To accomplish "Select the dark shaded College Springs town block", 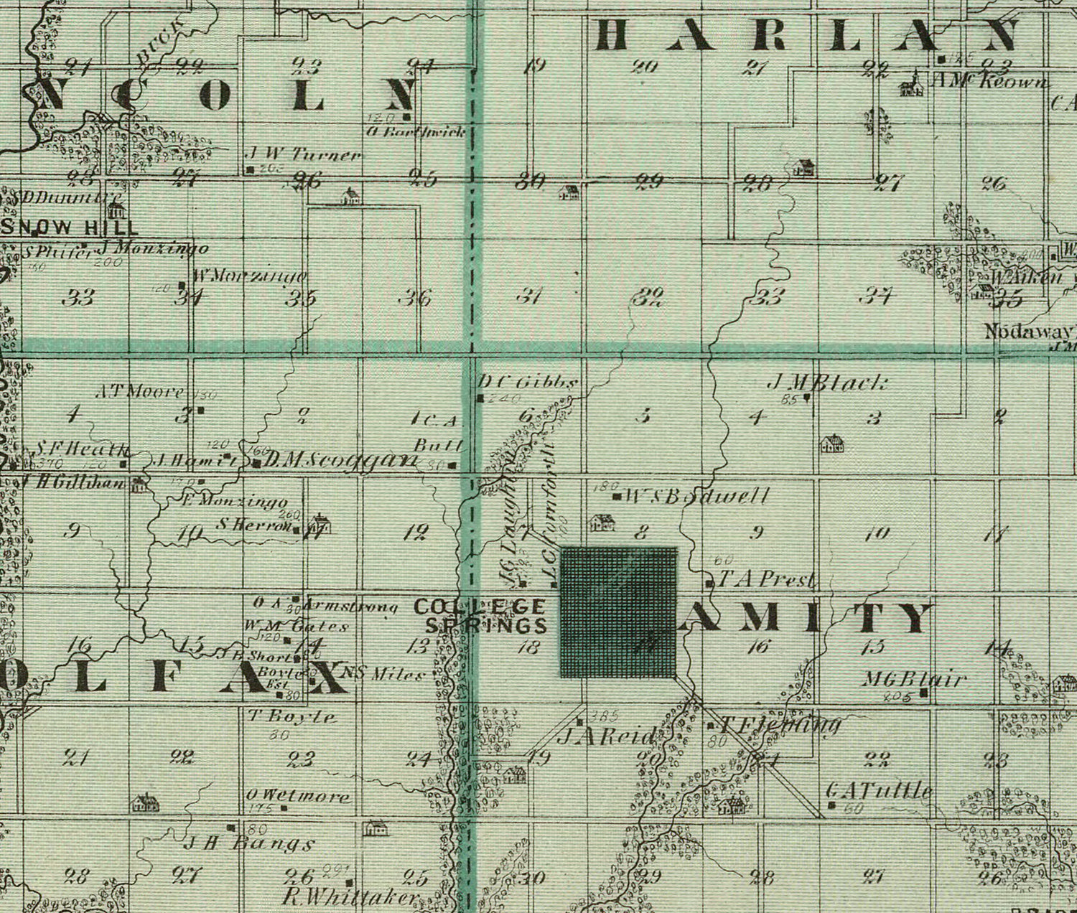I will [x=618, y=612].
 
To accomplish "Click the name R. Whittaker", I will [x=350, y=897].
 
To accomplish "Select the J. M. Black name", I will [x=828, y=383].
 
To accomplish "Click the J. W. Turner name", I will [x=304, y=155].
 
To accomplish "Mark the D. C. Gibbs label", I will [x=528, y=383].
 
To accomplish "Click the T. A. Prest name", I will [x=767, y=579].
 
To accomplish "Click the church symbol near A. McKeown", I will [x=910, y=85].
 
